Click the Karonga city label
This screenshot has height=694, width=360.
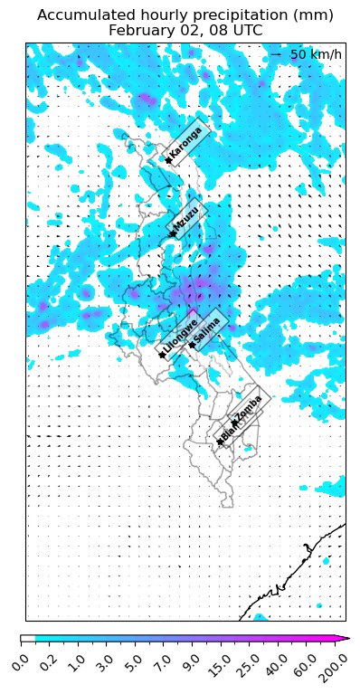pos(186,142)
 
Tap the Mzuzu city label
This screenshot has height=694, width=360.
pos(186,218)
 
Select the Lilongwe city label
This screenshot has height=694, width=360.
pos(179,336)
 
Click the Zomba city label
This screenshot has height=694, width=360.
pos(248,409)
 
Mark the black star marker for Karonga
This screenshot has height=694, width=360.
pos(167,161)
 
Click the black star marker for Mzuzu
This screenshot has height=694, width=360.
pos(172,234)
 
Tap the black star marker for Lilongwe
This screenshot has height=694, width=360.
pos(162,355)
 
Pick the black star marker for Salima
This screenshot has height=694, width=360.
pos(192,345)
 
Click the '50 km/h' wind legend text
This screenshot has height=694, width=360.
pos(316,55)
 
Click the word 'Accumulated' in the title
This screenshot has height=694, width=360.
pos(82,15)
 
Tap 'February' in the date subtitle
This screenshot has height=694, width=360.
pos(141,30)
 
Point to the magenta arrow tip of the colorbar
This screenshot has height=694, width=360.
pos(344,639)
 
